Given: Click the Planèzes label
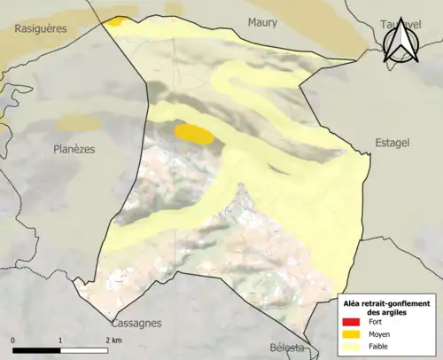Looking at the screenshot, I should coord(74,149).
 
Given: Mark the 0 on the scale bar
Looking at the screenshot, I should coord(13,340).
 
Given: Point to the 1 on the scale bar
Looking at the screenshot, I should coord(60,340).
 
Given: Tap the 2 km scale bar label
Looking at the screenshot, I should coord(113,340).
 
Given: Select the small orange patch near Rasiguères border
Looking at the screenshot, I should coord(117,21).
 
